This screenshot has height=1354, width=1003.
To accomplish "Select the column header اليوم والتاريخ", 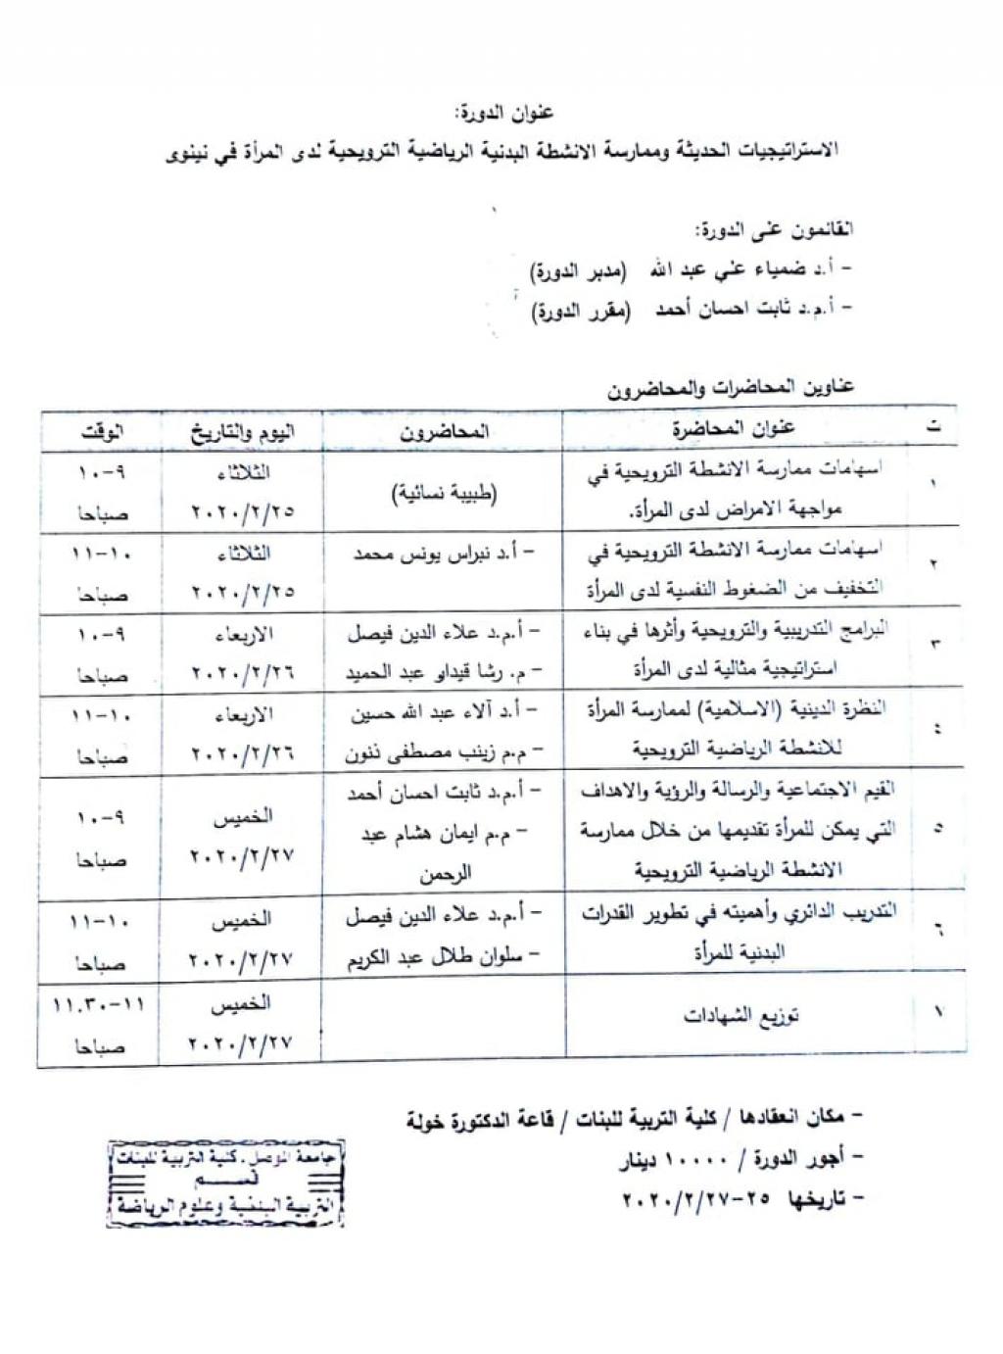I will click(x=242, y=431).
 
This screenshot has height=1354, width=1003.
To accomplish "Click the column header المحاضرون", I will click(x=444, y=431).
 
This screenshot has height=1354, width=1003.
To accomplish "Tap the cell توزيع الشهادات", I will click(x=741, y=1016).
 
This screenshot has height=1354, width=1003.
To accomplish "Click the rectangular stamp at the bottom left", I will click(x=226, y=1183).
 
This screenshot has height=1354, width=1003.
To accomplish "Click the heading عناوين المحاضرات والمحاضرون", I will click(x=730, y=388).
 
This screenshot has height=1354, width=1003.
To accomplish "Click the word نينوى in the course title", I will click(x=188, y=154).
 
